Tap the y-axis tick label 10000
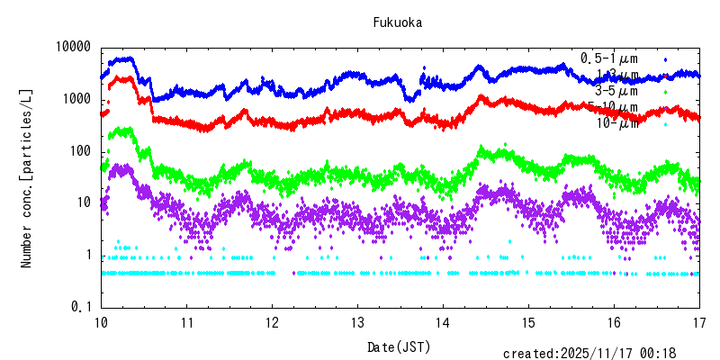click(x=73, y=47)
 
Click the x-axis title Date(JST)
click(x=398, y=346)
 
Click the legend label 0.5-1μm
click(x=609, y=58)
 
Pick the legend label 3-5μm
click(x=616, y=91)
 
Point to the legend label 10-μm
click(x=616, y=123)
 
